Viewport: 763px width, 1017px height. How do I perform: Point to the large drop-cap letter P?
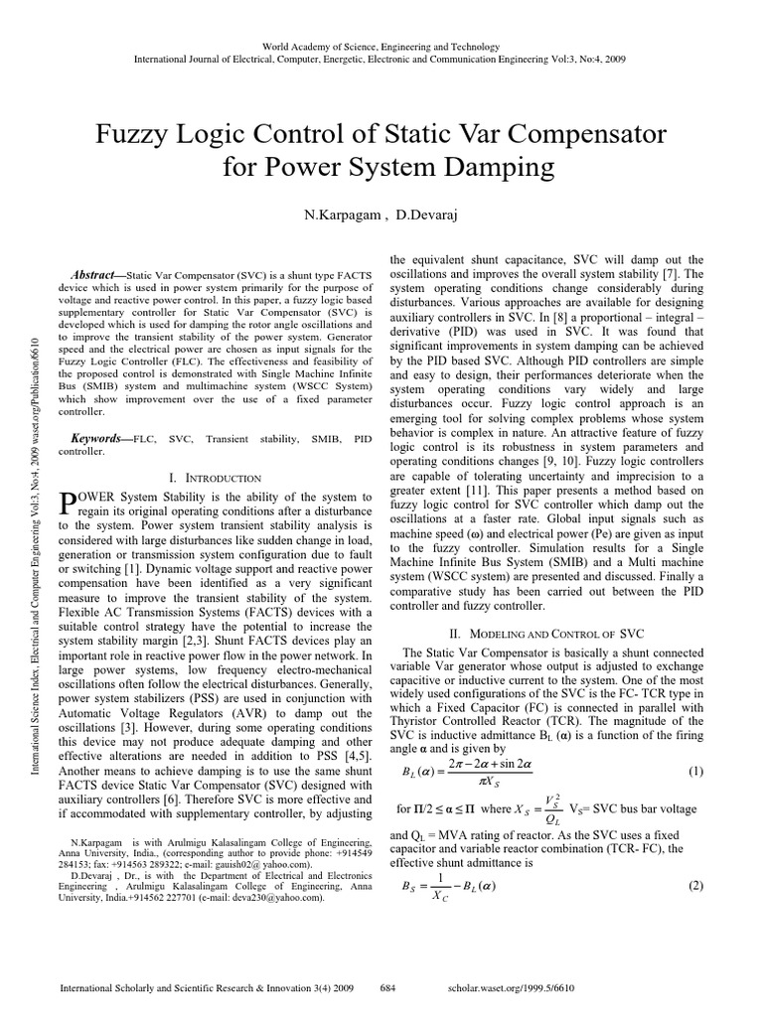[70, 505]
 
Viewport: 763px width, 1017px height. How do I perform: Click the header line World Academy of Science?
[381, 47]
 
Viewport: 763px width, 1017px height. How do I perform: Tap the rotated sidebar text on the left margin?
[35, 497]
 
